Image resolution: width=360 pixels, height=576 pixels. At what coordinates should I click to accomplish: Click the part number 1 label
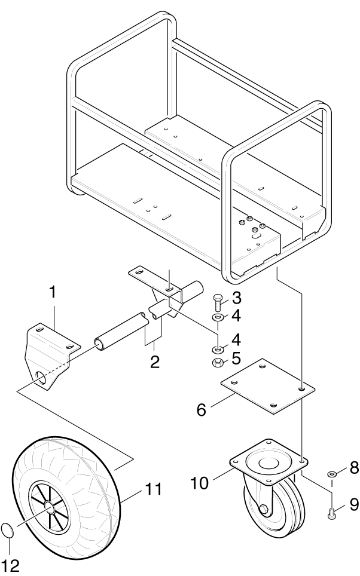[x=53, y=293]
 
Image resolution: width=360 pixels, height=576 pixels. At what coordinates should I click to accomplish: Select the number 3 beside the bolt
[x=237, y=297]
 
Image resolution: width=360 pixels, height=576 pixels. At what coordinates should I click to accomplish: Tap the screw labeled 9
[x=331, y=510]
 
